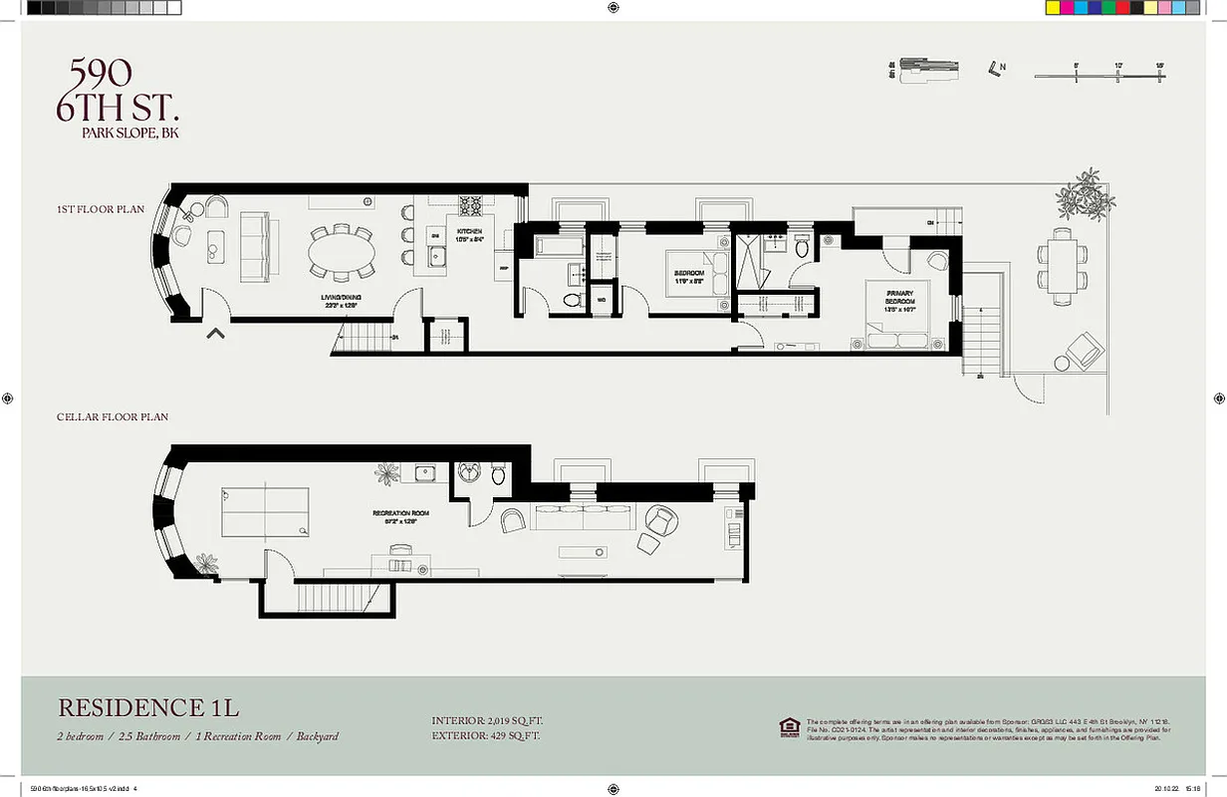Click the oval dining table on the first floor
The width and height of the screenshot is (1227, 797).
coord(343,255)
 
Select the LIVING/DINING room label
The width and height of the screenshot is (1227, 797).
coord(343,302)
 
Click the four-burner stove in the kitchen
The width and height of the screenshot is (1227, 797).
coord(470,206)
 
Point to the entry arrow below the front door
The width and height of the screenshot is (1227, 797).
coord(215,335)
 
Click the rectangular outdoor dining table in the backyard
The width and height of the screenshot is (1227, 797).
coord(1062,264)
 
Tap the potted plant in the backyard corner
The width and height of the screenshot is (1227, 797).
coord(1081,194)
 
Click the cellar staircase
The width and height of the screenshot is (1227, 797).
coord(333,598)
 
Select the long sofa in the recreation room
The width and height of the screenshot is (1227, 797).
coord(585,517)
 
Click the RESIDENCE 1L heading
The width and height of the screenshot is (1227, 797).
coord(148,708)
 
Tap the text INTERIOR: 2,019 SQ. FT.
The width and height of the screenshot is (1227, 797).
coord(488,720)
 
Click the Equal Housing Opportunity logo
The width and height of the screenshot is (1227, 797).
coord(789,728)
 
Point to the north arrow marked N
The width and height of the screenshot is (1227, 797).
coord(996,68)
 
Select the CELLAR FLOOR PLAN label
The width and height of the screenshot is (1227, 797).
coord(113,417)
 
